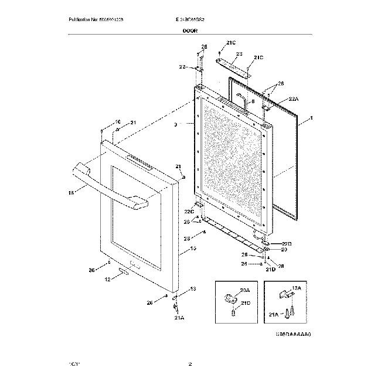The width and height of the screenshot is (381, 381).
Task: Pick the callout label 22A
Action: click(293, 100)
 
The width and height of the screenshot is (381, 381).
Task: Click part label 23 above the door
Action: click(239, 53)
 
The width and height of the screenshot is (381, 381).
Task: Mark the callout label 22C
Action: click(189, 212)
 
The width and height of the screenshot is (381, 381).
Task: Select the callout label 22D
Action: click(286, 243)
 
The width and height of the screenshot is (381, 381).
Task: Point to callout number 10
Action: click(101, 122)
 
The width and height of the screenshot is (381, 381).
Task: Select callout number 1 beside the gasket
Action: click(312, 118)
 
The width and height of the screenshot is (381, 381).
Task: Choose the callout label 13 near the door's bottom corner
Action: click(194, 289)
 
